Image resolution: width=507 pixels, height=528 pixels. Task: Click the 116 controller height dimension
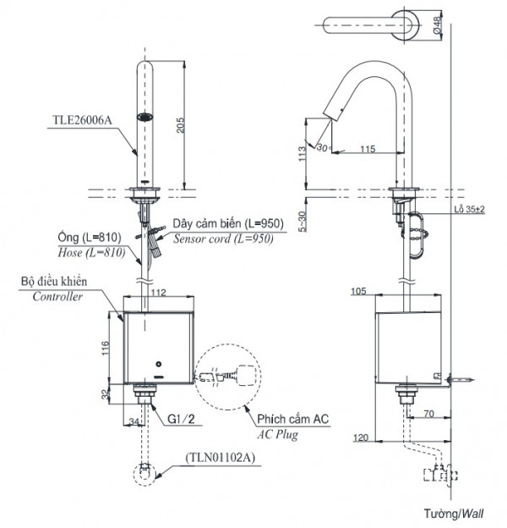(103, 348)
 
